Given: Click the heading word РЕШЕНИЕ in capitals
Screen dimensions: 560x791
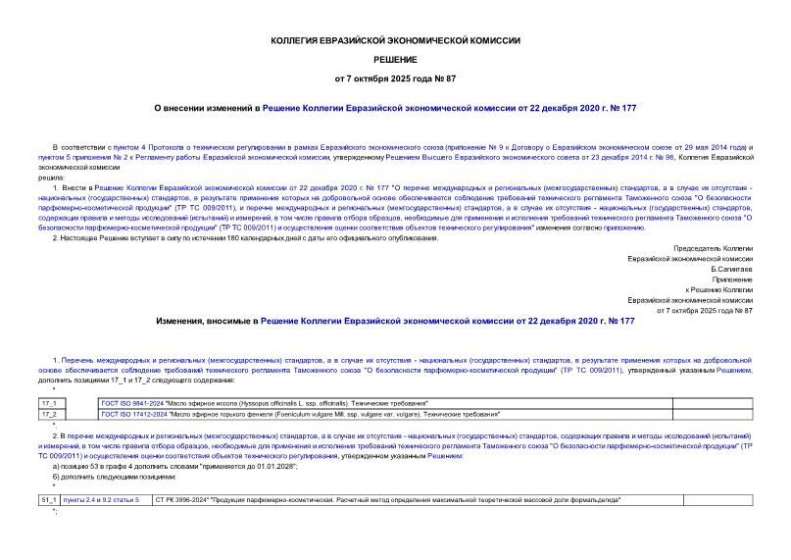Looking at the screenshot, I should (x=395, y=59).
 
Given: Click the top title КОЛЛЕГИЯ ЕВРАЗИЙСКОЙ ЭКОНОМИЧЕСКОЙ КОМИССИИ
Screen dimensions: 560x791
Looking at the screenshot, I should (x=395, y=40).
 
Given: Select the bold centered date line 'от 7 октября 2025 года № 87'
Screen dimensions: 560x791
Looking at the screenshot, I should (x=395, y=77).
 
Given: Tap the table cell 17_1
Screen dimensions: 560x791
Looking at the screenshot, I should (x=49, y=403).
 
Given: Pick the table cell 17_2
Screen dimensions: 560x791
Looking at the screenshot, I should (x=49, y=414).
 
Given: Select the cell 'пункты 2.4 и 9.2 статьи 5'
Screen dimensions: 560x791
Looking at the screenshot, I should (x=101, y=500).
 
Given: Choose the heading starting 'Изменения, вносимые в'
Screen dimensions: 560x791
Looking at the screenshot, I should (x=395, y=321).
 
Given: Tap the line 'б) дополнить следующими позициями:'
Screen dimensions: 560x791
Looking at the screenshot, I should (x=115, y=478).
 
